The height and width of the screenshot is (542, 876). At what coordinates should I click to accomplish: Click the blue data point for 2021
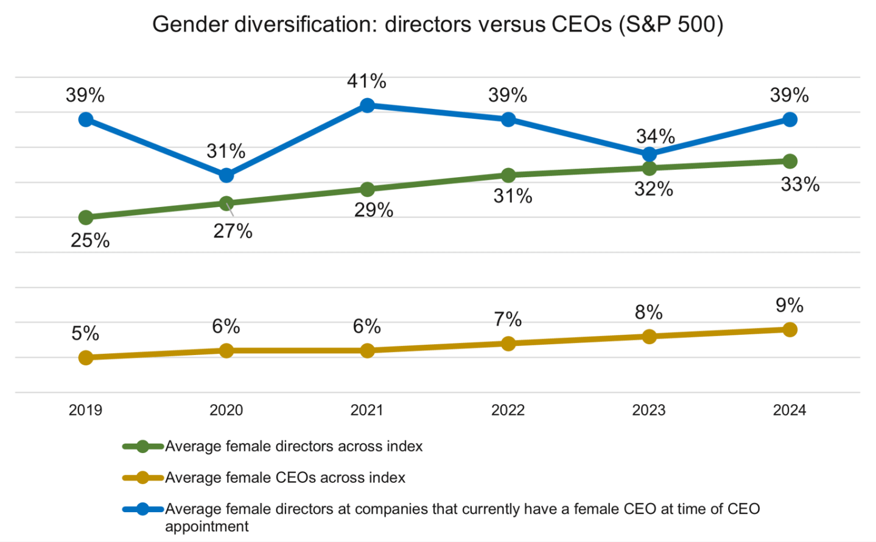coord(367,106)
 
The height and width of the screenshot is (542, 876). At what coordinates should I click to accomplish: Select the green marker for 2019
coord(86,217)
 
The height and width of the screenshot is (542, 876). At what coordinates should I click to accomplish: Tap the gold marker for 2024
coord(790,329)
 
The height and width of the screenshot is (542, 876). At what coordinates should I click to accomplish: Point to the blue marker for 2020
coord(226,175)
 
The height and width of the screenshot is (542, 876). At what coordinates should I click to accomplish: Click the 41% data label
coord(366,81)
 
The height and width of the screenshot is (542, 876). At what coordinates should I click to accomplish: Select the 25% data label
coord(90,241)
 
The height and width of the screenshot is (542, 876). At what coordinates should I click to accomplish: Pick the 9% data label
coord(790,305)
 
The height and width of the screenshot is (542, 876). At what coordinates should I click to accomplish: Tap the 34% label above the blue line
coord(655,136)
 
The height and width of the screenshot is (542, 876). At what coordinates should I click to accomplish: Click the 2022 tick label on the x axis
coord(508,410)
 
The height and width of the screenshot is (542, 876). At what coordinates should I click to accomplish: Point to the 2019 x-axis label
coord(85,410)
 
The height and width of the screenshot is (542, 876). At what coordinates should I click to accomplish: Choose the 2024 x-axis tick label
coord(790,410)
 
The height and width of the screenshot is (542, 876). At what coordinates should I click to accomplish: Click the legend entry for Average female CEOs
coord(285,477)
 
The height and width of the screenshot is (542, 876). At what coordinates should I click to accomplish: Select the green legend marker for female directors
coord(142,446)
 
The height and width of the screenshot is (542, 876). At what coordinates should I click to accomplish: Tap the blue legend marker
coord(142,509)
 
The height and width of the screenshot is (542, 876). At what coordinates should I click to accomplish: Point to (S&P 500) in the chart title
coord(671,25)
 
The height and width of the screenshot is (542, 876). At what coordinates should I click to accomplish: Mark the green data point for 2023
coord(650,168)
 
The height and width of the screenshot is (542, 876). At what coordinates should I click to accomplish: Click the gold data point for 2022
coord(508,343)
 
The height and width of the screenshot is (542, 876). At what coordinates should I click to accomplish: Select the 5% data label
coord(85,333)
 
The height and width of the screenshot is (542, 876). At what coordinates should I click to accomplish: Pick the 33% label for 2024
coord(800,185)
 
